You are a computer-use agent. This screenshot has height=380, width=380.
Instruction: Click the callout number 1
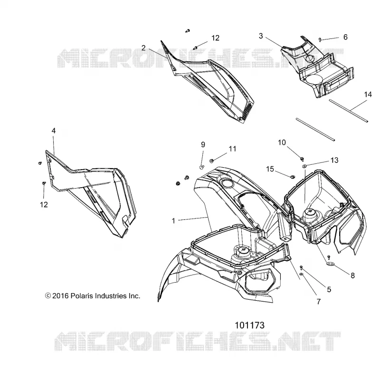pyautogui.click(x=173, y=221)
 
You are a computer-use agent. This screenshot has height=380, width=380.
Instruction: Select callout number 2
pyautogui.click(x=143, y=48)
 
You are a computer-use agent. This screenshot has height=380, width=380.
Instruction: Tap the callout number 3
pyautogui.click(x=261, y=36)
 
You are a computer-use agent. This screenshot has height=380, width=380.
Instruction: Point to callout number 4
pyautogui.click(x=54, y=131)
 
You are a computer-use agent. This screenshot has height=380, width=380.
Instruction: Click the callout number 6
pyautogui.click(x=345, y=37)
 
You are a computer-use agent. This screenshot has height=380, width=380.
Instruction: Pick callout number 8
pyautogui.click(x=352, y=275)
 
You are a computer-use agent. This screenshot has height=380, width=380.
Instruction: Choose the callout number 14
pyautogui.click(x=368, y=95)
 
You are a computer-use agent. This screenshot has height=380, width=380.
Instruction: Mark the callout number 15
pyautogui.click(x=270, y=169)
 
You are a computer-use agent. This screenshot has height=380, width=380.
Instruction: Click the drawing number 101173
pyautogui.click(x=250, y=325)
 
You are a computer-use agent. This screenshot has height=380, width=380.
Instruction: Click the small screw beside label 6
pyautogui.click(x=320, y=39)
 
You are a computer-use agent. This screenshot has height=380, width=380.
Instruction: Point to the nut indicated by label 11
pyautogui.click(x=211, y=161)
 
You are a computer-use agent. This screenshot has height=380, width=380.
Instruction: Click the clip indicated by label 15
pyautogui.click(x=293, y=177)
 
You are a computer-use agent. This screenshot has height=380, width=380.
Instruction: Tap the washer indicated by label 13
pyautogui.click(x=304, y=166)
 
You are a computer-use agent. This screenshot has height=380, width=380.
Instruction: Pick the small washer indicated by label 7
pyautogui.click(x=301, y=274)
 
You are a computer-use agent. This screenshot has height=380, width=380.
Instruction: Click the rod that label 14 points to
pyautogui.click(x=349, y=111)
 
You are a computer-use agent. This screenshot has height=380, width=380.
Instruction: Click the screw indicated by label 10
pyautogui.click(x=302, y=159)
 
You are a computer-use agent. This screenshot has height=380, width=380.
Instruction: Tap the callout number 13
pyautogui.click(x=334, y=160)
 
